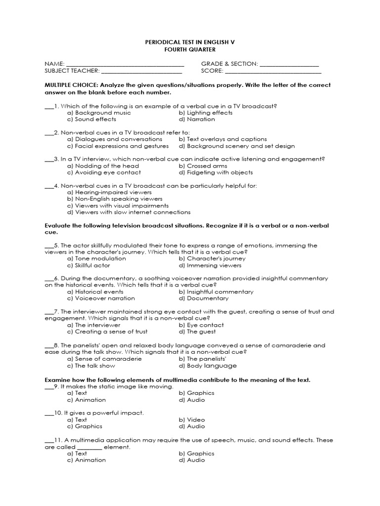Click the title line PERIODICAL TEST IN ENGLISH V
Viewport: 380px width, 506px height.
190,42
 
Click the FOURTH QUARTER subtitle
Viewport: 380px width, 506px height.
190,49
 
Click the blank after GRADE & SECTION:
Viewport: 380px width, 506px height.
289,64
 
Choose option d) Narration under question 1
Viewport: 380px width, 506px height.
197,119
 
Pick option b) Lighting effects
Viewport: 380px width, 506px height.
205,112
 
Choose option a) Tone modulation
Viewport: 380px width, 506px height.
96,258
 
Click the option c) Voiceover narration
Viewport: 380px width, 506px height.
101,298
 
